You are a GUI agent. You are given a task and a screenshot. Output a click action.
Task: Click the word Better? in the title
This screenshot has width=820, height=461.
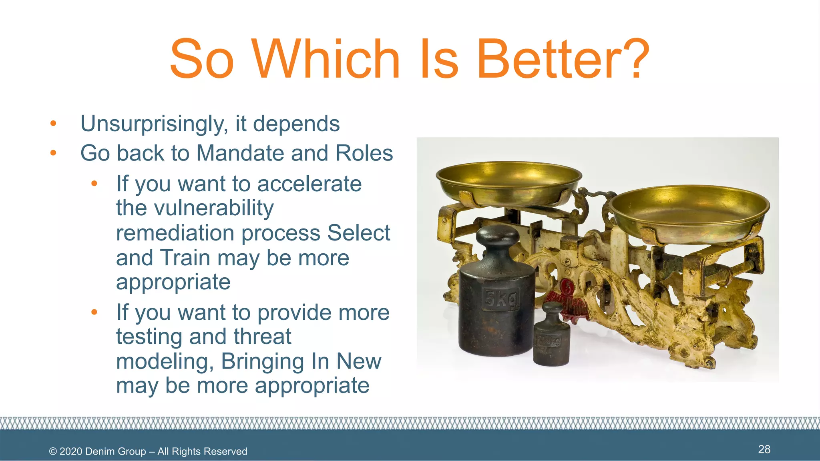click(x=563, y=59)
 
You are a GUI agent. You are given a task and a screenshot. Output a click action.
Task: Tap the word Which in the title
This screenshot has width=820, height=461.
click(x=326, y=59)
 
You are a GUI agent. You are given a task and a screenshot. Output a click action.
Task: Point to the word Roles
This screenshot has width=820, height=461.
click(x=364, y=153)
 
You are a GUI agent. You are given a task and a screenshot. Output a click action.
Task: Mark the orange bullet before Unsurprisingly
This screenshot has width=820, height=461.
click(x=53, y=124)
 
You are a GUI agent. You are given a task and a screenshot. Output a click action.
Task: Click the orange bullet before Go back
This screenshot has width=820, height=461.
click(x=53, y=153)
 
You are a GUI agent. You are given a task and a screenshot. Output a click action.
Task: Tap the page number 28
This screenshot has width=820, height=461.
click(x=764, y=449)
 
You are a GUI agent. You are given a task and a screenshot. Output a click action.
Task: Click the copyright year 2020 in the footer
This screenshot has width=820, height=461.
click(x=70, y=451)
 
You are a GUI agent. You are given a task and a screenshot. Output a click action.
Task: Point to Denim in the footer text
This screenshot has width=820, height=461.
click(x=98, y=451)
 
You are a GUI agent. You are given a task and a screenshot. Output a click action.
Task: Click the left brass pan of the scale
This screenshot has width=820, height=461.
click(x=508, y=182)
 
